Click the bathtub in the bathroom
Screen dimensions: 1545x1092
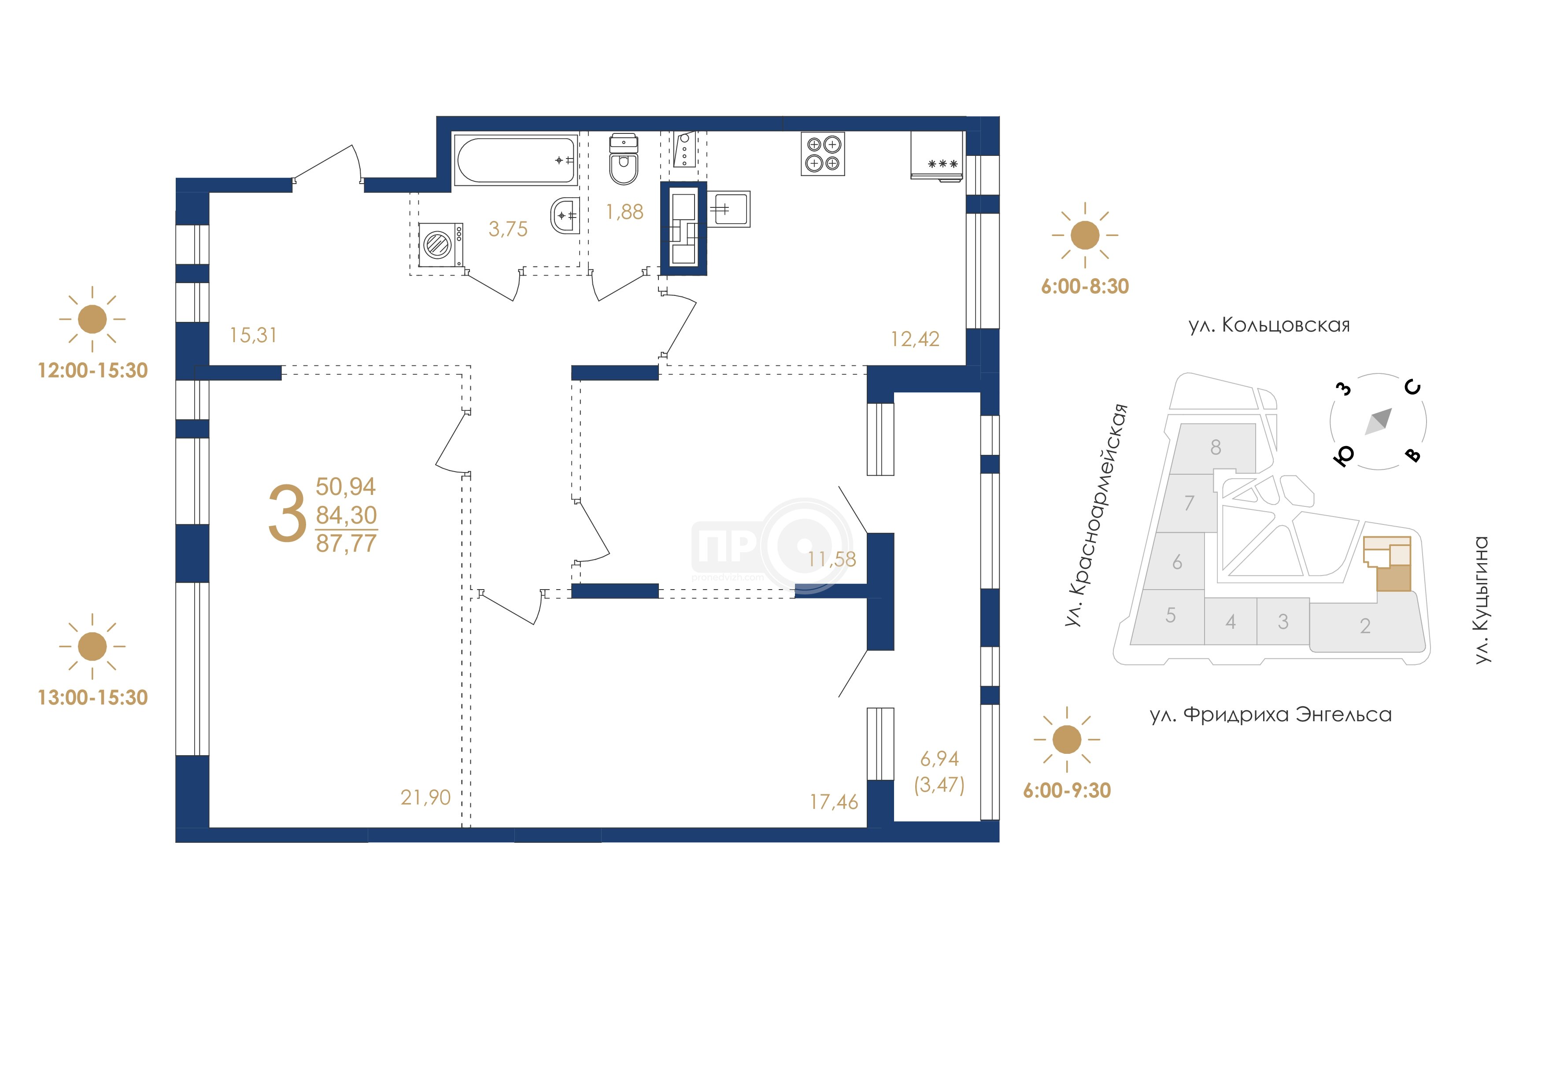point(516,160)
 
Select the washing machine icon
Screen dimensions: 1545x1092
point(441,244)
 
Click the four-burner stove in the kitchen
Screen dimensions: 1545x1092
point(822,153)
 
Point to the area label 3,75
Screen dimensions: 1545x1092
point(508,229)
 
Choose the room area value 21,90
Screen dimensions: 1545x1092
point(425,797)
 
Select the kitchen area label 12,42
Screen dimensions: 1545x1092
point(915,339)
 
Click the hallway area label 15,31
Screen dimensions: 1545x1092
point(253,335)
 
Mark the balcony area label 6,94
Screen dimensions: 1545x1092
point(939,759)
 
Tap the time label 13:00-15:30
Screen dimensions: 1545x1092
point(93,697)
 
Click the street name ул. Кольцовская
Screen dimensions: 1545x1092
point(1269,326)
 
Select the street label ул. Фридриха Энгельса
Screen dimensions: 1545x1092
point(1271,715)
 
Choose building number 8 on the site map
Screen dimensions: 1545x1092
point(1215,447)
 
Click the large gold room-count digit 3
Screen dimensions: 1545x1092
point(287,514)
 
